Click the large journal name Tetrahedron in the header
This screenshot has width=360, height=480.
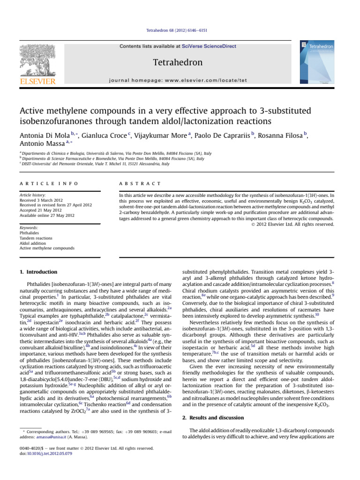coord(180,62)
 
